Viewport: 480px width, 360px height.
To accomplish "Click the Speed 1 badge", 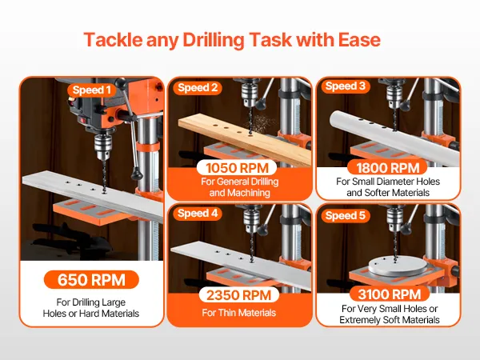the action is point(92,90).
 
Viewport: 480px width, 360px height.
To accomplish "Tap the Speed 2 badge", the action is point(198,87).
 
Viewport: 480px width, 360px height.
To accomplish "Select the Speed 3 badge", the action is point(346,86).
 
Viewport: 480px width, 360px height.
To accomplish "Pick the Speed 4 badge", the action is point(198,213).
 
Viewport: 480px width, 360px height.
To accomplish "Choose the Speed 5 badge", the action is point(346,215).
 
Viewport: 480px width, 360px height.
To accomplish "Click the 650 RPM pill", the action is point(91,279).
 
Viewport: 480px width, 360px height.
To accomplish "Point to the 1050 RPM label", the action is point(237,168).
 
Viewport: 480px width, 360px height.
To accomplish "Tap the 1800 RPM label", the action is point(387,168).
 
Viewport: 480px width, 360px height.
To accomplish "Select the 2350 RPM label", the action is point(238,295).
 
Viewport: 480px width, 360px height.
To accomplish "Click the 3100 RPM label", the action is point(390,294).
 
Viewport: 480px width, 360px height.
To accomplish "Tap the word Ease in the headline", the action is point(359,40).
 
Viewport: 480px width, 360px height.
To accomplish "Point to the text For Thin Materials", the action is point(238,313).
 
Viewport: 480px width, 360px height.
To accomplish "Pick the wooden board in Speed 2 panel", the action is point(245,138).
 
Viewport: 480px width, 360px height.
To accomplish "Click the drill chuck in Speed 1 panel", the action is point(102,146).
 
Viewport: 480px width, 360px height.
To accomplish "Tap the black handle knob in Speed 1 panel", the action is point(137,174).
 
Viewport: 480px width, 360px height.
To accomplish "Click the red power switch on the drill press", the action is point(82,120).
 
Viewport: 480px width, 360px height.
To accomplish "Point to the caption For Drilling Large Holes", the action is point(91,308).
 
